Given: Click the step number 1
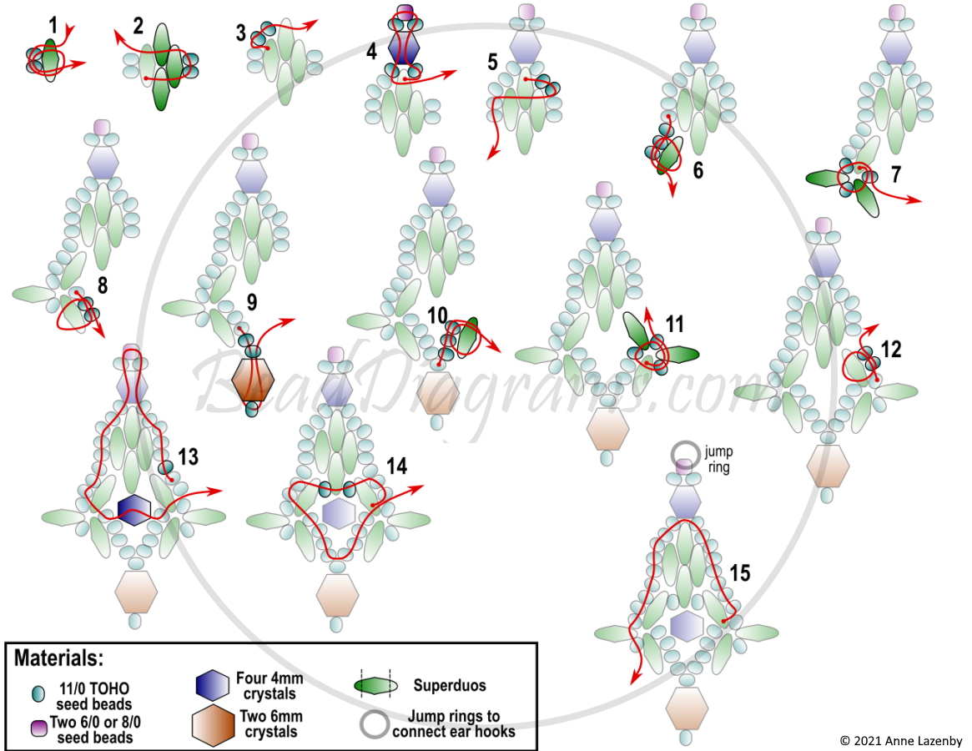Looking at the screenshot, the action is click(53, 26).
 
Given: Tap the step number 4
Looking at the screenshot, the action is click(371, 51).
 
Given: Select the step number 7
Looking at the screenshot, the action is click(896, 175).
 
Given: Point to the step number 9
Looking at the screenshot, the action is click(252, 302).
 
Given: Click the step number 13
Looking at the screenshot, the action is click(188, 457).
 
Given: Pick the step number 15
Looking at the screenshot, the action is click(740, 573).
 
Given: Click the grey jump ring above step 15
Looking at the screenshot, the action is click(685, 454).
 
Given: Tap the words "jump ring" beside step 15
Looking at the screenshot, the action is click(718, 460).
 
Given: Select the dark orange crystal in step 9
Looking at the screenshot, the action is click(252, 379).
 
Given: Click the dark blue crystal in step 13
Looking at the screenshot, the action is click(133, 510).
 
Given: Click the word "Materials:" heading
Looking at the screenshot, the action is click(59, 658).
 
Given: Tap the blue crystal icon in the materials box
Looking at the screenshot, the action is click(213, 684).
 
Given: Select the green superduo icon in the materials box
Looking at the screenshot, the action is click(375, 685).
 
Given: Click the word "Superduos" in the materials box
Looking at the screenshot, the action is click(450, 685).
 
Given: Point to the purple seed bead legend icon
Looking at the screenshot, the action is click(39, 728).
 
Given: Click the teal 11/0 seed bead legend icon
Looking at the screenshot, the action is click(38, 694).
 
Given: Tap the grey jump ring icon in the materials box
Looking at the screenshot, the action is click(375, 723).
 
